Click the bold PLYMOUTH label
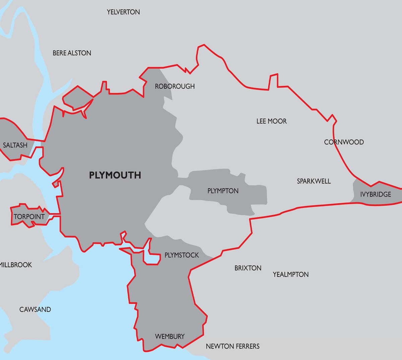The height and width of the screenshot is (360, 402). [x=115, y=175]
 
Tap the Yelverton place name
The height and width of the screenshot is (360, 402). [x=123, y=12]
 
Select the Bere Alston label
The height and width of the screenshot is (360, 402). [x=72, y=53]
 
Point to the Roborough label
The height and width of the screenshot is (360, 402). [x=175, y=86]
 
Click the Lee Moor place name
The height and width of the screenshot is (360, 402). [x=271, y=121]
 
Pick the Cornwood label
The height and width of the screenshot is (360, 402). [x=344, y=142]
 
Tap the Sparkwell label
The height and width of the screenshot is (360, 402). [x=314, y=181]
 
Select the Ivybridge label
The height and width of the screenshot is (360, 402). [x=376, y=194]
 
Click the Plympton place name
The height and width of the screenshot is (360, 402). [x=223, y=191]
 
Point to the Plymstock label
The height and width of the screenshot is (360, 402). [x=182, y=255]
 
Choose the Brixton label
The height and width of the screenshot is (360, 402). [x=248, y=268]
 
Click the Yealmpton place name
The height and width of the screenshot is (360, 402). [x=290, y=275]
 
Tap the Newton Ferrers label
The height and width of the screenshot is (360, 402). [x=232, y=346]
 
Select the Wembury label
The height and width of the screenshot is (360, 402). [x=170, y=336]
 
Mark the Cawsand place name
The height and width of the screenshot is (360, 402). [x=35, y=309]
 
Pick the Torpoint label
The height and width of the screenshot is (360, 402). [x=29, y=217]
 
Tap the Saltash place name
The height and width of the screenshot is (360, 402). [x=15, y=145]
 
